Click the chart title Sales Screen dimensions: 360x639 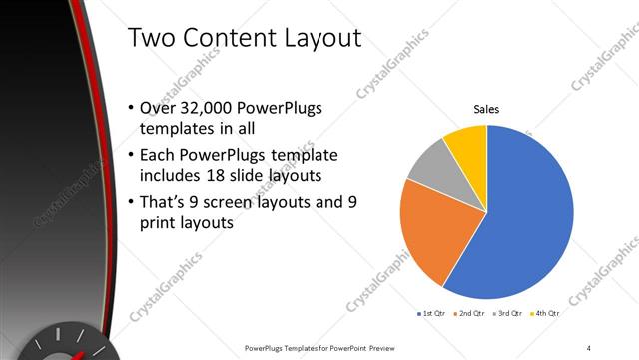pos(486,109)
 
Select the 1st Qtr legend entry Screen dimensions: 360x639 pos(432,313)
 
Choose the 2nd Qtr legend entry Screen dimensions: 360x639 pos(472,313)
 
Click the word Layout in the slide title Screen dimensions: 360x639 pos(313,39)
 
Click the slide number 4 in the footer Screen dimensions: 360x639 pos(589,347)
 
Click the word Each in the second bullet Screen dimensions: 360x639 pos(166,156)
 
